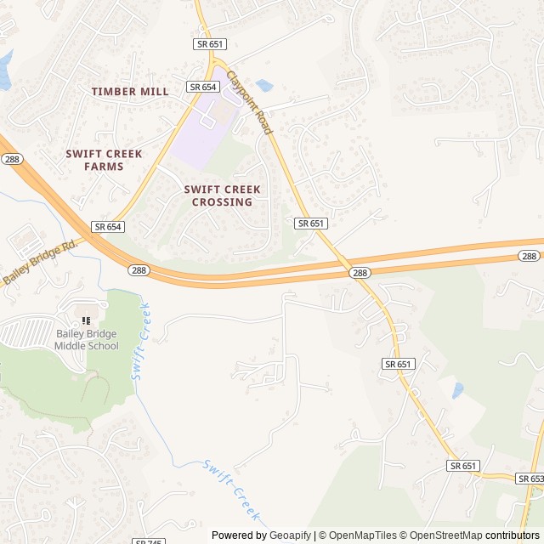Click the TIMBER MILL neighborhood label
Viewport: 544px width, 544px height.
coord(130,91)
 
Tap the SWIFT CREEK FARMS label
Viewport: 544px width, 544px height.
coord(104,160)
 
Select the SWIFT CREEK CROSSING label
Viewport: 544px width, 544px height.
coord(222,195)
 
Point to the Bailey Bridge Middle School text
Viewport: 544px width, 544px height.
coord(86,340)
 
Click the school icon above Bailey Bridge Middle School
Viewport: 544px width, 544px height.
coord(85,320)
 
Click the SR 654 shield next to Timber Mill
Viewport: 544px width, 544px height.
coord(204,87)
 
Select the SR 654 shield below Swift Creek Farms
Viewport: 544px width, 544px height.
coord(109,227)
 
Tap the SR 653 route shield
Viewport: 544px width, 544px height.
coord(531,479)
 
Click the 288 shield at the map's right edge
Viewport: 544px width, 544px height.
coord(529,256)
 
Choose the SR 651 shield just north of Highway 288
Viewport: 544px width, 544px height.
coord(311,223)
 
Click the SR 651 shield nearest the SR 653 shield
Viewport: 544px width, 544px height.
coord(463,466)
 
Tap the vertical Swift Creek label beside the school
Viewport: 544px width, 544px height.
coord(139,342)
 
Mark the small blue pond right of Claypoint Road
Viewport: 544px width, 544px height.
coord(263,85)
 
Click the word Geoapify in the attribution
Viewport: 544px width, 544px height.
coord(291,535)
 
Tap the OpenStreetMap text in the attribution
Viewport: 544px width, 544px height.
coord(442,535)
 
